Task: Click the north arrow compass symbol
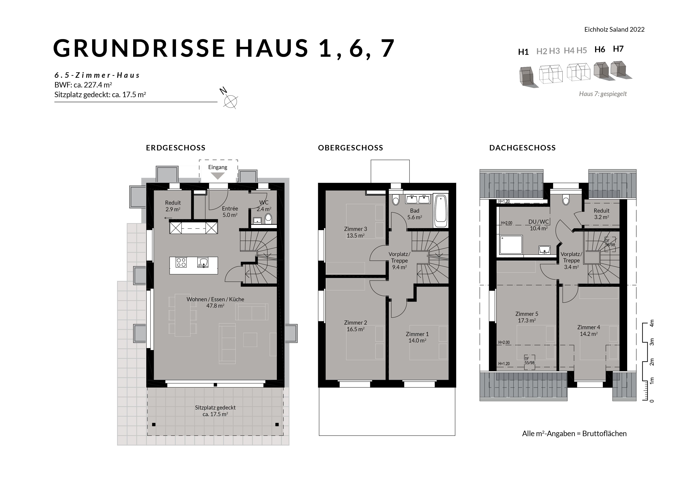tap(231, 101)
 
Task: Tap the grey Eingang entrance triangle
tap(218, 176)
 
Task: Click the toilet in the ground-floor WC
tap(268, 219)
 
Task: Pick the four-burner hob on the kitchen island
tap(181, 263)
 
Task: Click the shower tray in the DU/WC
tap(511, 245)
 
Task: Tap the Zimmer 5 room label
tap(527, 314)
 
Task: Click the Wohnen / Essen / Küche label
tap(215, 299)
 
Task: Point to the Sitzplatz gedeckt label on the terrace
tap(215, 408)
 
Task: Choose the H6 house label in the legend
tap(600, 49)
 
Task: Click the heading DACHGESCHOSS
tap(523, 148)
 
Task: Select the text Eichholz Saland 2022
tap(614, 29)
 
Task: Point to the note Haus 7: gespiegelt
tap(603, 94)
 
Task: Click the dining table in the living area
tap(182, 315)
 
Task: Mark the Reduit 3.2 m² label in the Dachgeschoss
tap(602, 214)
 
